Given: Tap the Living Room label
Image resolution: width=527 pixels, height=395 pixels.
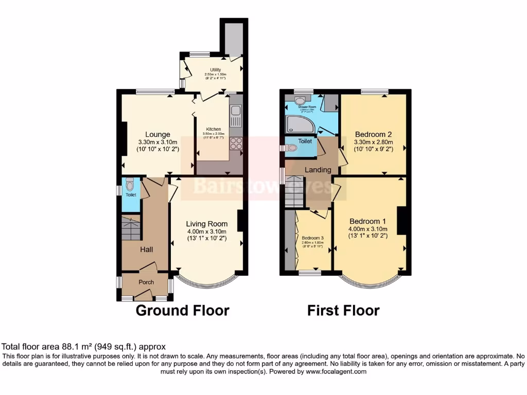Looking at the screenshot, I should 207,224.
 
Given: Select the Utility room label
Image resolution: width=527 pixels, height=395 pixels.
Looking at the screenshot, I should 215,69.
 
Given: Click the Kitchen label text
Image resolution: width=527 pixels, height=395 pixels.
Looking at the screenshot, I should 214,129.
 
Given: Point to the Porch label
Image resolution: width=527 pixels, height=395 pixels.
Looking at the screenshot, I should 146,282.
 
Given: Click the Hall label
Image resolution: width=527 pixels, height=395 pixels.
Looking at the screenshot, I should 147,249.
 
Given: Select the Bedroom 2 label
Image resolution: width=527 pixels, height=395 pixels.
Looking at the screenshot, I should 373,134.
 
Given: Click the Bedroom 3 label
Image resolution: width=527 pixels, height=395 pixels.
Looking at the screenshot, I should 312,238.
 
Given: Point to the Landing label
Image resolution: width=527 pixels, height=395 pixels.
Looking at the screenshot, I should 318,170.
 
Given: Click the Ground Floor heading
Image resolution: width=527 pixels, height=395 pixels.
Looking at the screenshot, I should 182,310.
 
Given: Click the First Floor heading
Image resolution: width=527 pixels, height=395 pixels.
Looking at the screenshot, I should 343,310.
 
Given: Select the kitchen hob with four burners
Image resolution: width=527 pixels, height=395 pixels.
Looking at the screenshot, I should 236,143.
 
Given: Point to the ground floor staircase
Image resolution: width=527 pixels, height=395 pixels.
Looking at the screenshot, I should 131,228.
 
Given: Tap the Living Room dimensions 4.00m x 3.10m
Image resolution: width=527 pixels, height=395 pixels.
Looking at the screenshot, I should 207,231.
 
